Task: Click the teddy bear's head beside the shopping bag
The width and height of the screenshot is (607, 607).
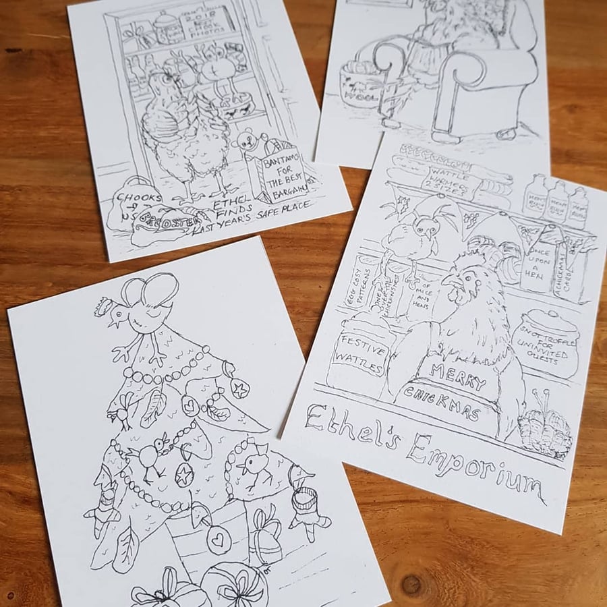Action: tap(243, 142)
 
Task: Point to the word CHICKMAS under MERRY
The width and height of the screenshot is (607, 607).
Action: tap(442, 403)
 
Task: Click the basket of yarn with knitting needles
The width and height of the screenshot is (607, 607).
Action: tap(542, 432)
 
